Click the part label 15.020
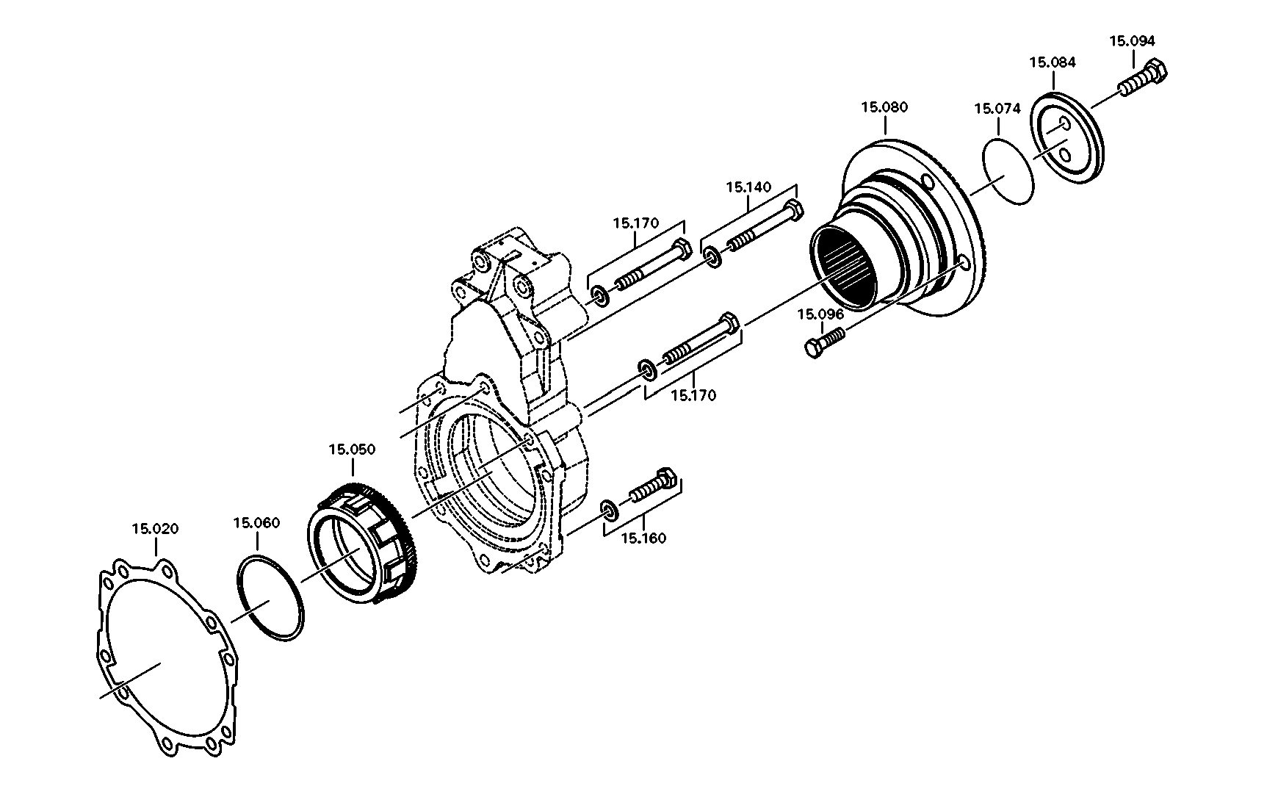coord(155,529)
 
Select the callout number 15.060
coord(256,523)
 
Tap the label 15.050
coord(352,450)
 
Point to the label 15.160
coord(643,538)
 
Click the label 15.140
coord(749,187)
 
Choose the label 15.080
coord(884,107)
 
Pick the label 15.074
coord(997,109)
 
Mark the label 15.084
coord(1053,62)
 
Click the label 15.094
coord(1132,41)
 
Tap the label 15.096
coord(821,314)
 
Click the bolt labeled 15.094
coord(1143,78)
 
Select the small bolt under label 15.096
coord(826,343)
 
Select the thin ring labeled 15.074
coord(1008,169)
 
